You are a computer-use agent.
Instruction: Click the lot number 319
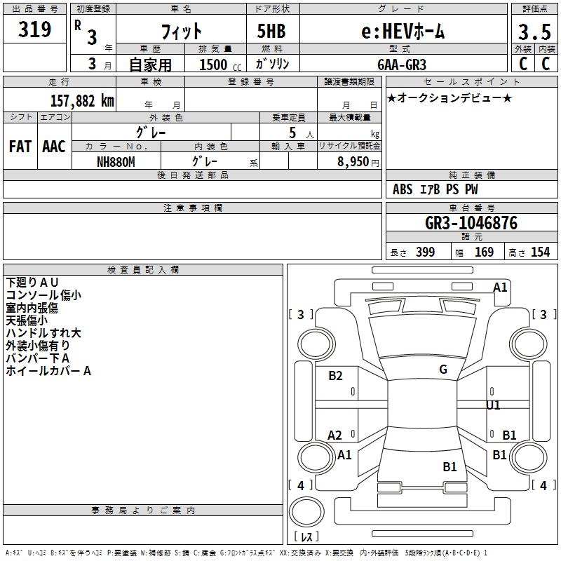tap(34, 29)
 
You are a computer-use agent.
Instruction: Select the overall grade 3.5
tap(534, 32)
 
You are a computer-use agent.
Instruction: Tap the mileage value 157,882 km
tap(82, 100)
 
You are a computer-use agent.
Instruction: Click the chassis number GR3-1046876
tap(471, 222)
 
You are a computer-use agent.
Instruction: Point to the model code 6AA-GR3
tap(402, 65)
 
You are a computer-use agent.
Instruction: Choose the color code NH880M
tap(116, 162)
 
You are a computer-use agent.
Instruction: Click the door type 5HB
tap(271, 31)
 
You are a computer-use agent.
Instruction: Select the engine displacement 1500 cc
tap(220, 65)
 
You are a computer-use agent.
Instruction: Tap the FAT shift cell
tap(20, 147)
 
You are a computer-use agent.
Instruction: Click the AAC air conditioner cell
tap(54, 147)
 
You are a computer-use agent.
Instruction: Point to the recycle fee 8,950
tap(353, 162)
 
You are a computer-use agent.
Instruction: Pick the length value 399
tap(426, 252)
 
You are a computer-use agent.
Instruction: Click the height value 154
tap(540, 252)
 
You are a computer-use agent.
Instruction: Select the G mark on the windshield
tap(443, 370)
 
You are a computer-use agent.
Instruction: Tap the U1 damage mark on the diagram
tap(493, 405)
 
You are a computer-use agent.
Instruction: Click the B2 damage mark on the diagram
tap(335, 375)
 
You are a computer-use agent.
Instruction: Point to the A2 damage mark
tap(334, 435)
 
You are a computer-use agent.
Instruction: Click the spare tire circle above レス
tap(306, 512)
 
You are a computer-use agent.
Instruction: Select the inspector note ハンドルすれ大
tap(43, 332)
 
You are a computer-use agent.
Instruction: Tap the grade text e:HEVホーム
tap(403, 31)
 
